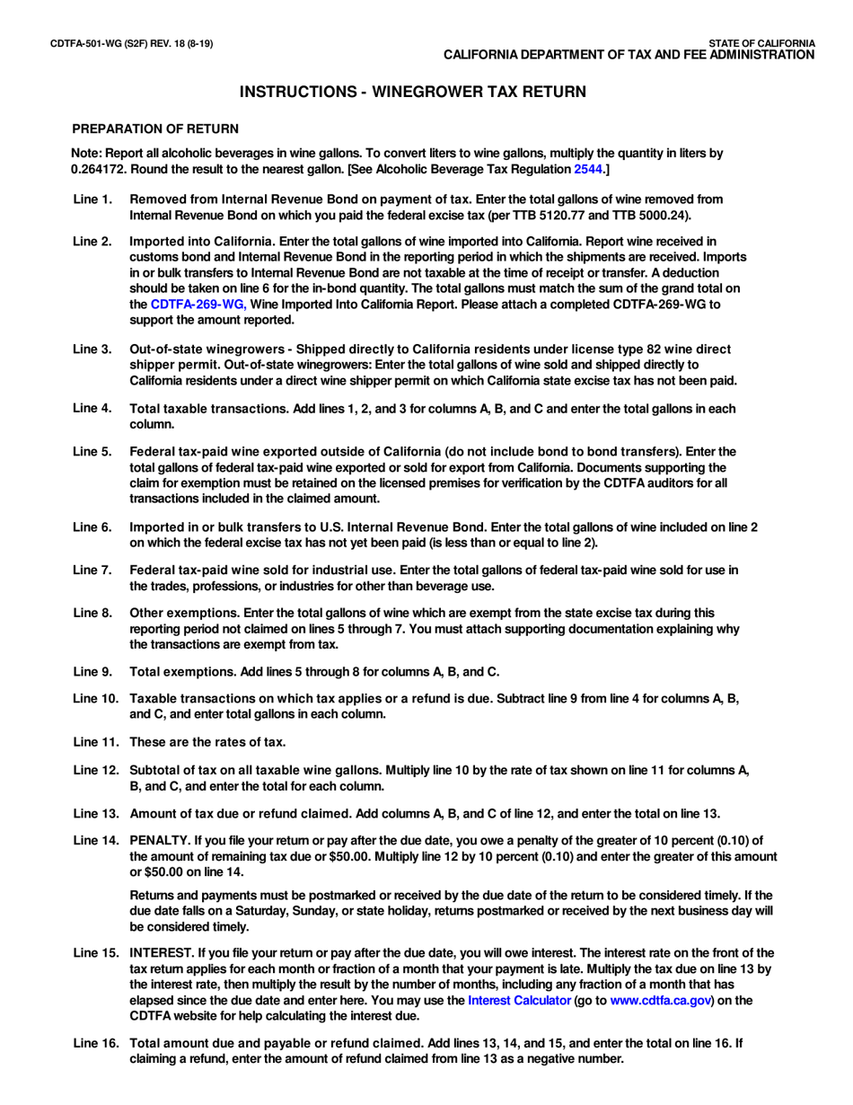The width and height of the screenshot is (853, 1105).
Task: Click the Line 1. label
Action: [x=92, y=199]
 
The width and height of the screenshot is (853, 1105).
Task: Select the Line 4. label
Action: [x=92, y=409]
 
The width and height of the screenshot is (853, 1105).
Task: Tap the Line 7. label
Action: [x=92, y=561]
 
